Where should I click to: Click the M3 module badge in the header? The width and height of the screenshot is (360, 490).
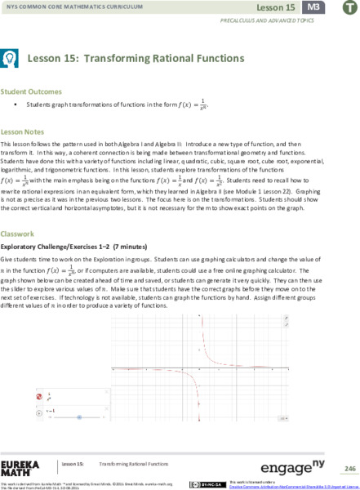(312, 7)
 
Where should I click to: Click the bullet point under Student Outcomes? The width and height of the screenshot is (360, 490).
(16, 106)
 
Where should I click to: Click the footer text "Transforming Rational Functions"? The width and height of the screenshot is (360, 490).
(132, 462)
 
